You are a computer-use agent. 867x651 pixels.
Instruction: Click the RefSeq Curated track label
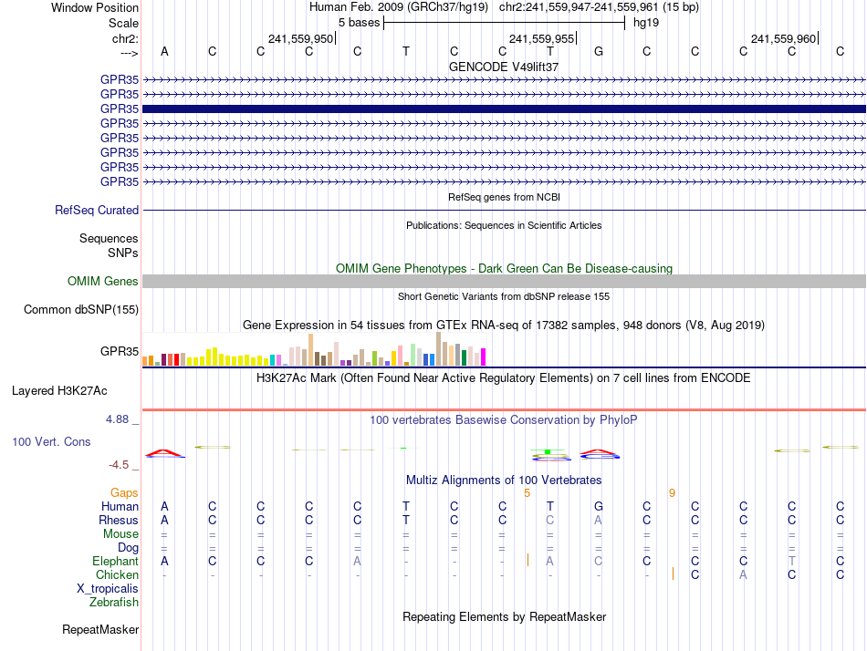97,210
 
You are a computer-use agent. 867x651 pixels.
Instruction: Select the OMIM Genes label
103,281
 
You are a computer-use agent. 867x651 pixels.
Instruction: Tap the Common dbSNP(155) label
81,309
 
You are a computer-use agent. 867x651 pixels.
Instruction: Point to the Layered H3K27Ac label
59,390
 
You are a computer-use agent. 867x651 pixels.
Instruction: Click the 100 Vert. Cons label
51,441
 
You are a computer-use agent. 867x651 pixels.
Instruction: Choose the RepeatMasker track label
100,629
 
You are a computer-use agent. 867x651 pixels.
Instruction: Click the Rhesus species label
119,520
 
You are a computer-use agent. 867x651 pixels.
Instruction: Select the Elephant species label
115,561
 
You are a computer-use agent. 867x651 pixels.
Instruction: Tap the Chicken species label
117,574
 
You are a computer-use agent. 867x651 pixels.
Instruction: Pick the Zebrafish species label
114,602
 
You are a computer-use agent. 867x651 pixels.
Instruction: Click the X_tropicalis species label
108,588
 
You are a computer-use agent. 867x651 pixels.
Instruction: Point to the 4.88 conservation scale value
120,419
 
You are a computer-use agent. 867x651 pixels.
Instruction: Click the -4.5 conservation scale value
122,464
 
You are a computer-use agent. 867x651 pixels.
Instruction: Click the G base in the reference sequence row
599,51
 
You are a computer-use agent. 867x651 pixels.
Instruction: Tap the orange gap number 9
672,492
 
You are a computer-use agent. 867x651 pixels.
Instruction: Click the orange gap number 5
527,492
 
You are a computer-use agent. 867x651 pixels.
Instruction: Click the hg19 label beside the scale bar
646,22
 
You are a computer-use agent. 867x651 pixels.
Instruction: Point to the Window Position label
95,7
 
